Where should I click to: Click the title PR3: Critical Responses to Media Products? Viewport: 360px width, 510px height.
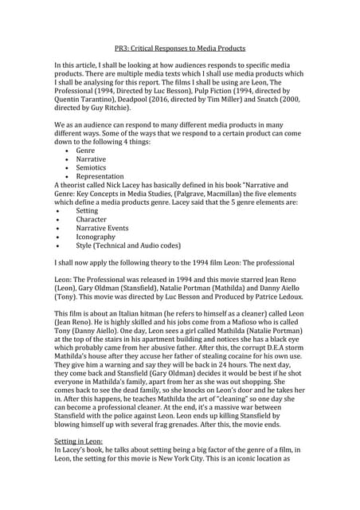pyautogui.click(x=179, y=48)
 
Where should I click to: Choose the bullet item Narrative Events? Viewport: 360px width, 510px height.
pyautogui.click(x=102, y=228)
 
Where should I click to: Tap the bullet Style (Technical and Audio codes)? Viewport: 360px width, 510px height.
pyautogui.click(x=128, y=245)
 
